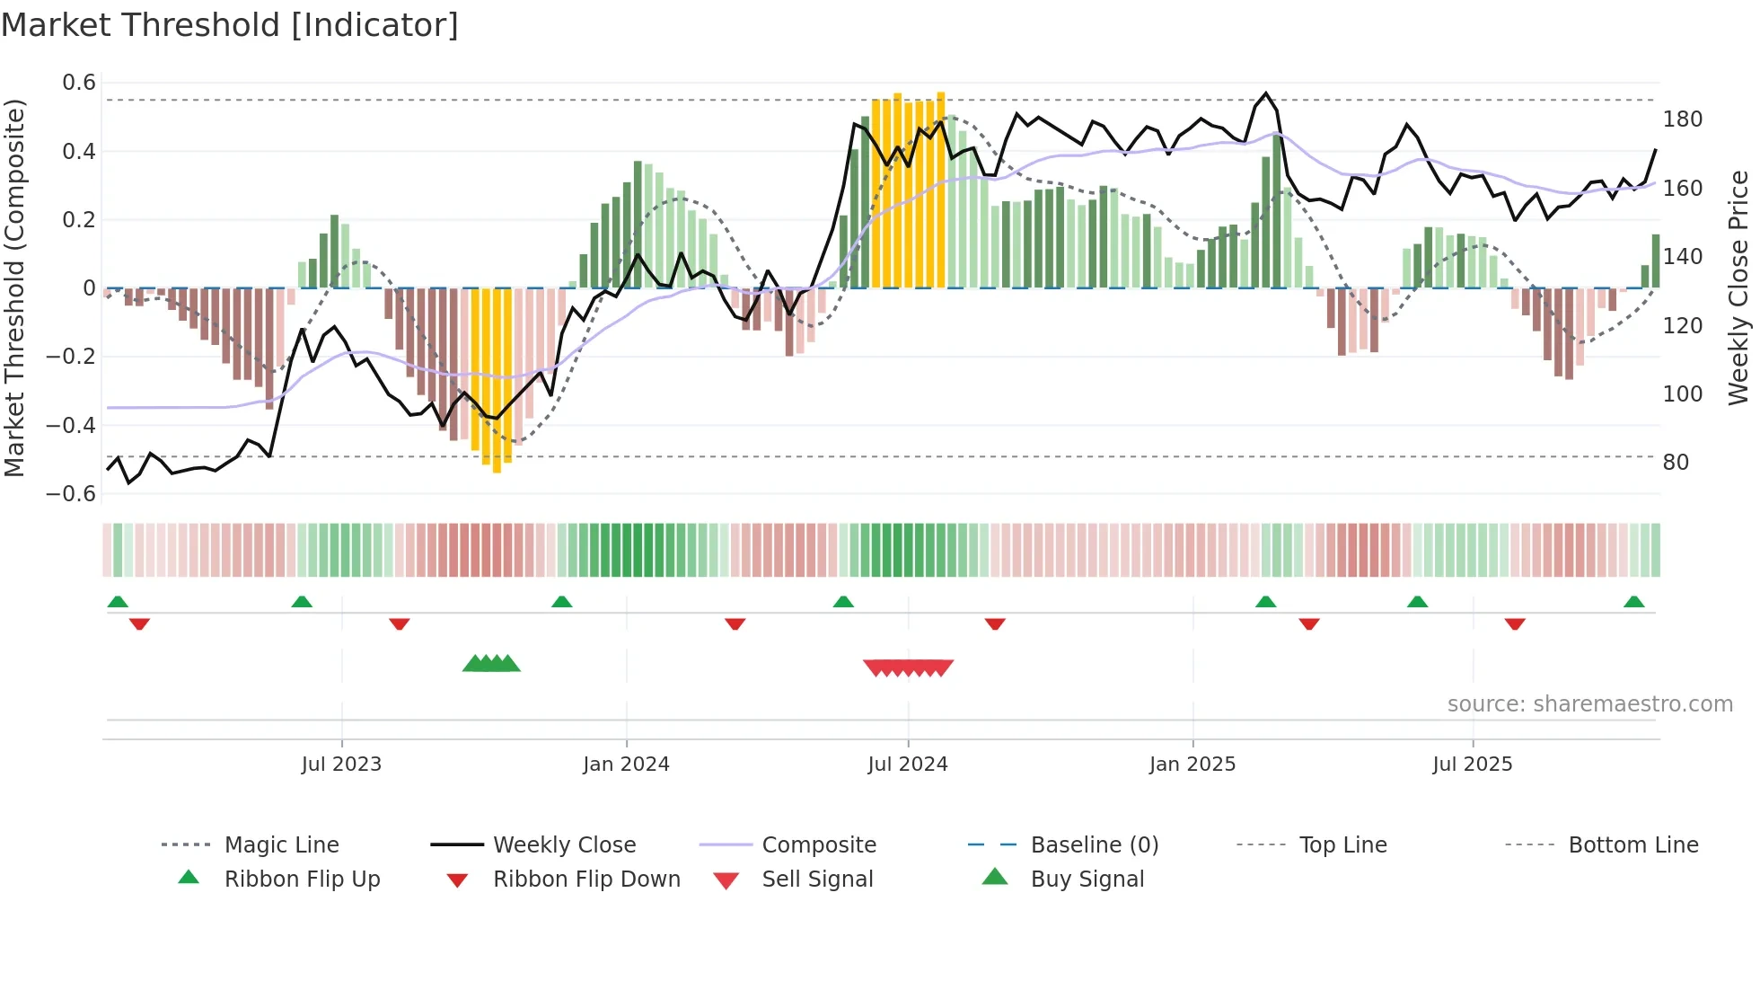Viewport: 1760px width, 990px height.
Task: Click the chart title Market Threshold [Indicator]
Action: click(230, 25)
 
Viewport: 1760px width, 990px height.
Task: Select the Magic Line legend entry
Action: click(281, 845)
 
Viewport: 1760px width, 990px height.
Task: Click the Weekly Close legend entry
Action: click(564, 845)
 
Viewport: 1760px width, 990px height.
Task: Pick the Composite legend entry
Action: click(818, 845)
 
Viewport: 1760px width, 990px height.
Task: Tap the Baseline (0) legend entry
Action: click(1094, 845)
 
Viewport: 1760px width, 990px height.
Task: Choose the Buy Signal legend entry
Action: click(1087, 880)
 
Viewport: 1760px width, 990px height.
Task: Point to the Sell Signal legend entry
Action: click(816, 880)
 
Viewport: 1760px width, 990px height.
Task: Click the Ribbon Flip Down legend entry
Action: click(585, 880)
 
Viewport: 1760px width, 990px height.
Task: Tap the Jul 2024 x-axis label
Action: click(907, 765)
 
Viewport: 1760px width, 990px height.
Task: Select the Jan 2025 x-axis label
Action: click(1192, 765)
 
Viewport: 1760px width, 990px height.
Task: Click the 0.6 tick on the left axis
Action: click(79, 83)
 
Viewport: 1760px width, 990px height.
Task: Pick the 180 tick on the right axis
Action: click(1682, 119)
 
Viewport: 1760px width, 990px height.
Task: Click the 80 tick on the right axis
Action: click(1676, 463)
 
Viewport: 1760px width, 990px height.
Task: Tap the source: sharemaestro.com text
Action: click(1589, 704)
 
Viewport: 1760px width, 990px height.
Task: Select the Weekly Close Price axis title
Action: click(1738, 287)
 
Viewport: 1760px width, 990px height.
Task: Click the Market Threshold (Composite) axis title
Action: click(14, 287)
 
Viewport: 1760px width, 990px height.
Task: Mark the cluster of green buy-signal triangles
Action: click(491, 664)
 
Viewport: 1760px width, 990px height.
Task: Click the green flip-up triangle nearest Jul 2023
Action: click(302, 602)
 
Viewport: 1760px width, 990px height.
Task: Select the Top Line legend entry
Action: click(1342, 845)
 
